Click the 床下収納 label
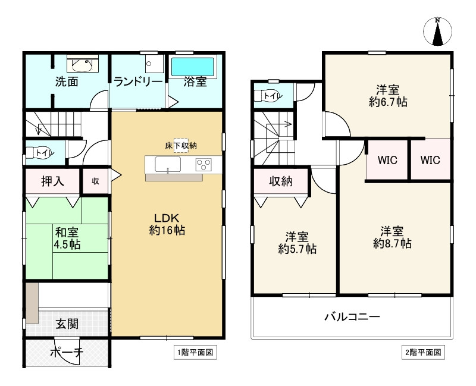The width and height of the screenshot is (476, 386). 181,146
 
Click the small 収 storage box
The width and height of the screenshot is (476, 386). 95,181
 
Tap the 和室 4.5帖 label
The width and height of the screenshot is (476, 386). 66,238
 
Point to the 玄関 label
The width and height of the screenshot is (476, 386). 67,324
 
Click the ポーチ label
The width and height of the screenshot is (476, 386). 66,353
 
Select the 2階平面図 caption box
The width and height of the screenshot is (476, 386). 422,352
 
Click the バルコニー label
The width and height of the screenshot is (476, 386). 352,316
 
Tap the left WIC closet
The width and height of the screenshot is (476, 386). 387,159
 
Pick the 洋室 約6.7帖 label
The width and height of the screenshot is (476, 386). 387,96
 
